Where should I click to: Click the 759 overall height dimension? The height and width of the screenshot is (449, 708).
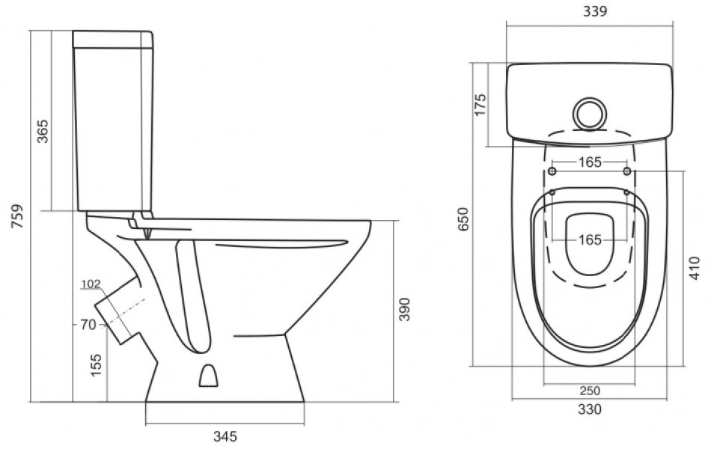point(17,216)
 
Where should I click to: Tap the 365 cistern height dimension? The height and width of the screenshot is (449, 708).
point(43,131)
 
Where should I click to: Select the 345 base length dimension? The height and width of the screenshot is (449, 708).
point(225,436)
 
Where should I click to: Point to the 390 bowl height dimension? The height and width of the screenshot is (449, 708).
point(405,309)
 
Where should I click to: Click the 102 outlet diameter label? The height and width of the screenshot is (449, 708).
point(91,284)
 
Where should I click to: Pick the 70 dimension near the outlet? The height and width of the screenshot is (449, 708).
point(88,325)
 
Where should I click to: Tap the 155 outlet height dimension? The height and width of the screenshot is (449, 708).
point(97,364)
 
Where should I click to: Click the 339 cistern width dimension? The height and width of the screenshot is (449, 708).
point(595,11)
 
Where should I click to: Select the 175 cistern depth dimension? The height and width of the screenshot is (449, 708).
point(480,105)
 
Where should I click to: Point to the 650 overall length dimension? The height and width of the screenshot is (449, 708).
point(464,219)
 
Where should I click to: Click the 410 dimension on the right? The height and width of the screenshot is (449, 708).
point(696,268)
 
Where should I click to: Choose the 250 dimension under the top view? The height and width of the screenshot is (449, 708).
point(589,391)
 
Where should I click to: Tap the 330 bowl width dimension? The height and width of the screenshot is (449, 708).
point(590,409)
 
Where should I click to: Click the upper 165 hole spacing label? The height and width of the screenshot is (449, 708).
point(590,162)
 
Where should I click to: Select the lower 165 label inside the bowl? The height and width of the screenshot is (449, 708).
point(590,239)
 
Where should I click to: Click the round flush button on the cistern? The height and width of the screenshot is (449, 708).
point(590,113)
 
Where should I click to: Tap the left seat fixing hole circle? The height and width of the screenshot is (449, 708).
point(552,171)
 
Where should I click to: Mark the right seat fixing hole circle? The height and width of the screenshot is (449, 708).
point(627,171)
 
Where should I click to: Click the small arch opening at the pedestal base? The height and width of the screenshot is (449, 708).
point(208,376)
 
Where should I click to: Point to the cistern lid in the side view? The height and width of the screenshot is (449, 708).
point(113,39)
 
